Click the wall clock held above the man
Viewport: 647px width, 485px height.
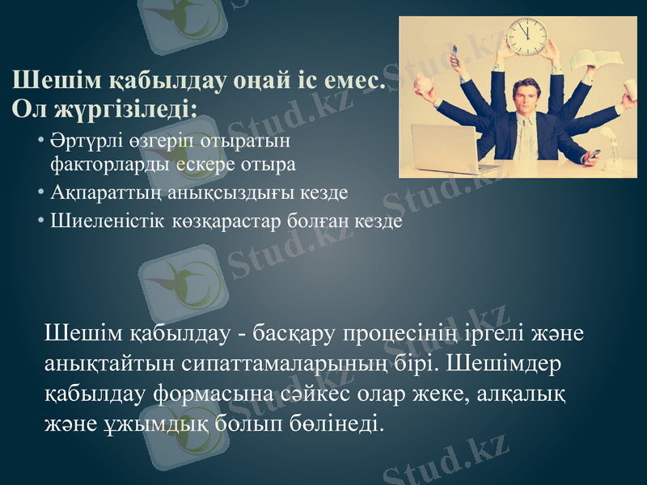[x=527, y=36]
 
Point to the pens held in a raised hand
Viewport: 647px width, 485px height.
[x=455, y=55]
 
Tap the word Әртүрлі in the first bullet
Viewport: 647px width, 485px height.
[x=78, y=141]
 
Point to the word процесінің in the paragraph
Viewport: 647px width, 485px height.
[x=404, y=334]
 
